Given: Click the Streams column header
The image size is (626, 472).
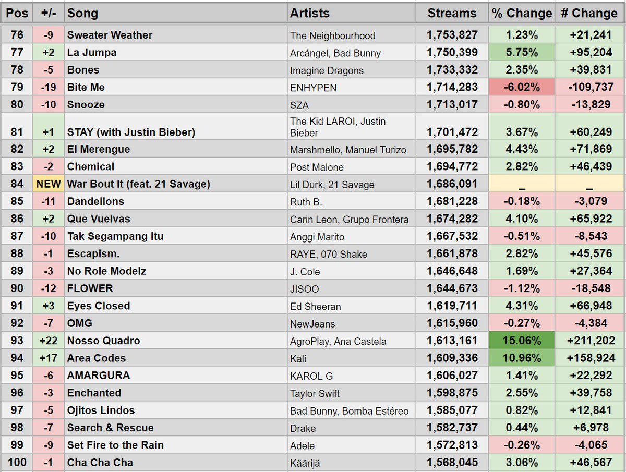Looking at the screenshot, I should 452,13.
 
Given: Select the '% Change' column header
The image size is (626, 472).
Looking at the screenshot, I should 522,13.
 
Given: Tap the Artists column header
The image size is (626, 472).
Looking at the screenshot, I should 310,13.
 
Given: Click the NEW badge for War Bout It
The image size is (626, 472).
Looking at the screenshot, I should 49,184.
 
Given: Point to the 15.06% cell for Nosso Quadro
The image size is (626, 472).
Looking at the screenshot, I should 522,341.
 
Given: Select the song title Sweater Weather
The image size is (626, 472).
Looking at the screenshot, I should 110,35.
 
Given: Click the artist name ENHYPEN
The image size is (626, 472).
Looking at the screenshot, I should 314,88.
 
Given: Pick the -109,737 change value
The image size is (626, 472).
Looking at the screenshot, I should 589,88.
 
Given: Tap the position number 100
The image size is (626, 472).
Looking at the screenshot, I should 17,463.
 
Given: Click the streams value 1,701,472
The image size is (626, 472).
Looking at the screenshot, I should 452,132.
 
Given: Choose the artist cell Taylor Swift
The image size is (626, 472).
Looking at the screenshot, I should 315,394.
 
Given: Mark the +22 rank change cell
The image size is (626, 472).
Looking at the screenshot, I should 49,341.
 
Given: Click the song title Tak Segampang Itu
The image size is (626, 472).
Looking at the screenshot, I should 115,236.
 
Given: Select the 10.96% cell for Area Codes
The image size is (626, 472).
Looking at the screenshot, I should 522,358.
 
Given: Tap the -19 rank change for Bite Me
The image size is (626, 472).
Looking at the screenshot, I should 49,88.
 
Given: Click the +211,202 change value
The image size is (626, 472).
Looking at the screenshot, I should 589,341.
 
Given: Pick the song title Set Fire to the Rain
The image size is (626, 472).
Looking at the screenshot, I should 115,445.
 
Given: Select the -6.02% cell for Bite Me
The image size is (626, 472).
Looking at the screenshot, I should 522,88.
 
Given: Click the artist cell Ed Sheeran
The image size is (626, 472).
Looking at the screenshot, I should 316,307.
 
